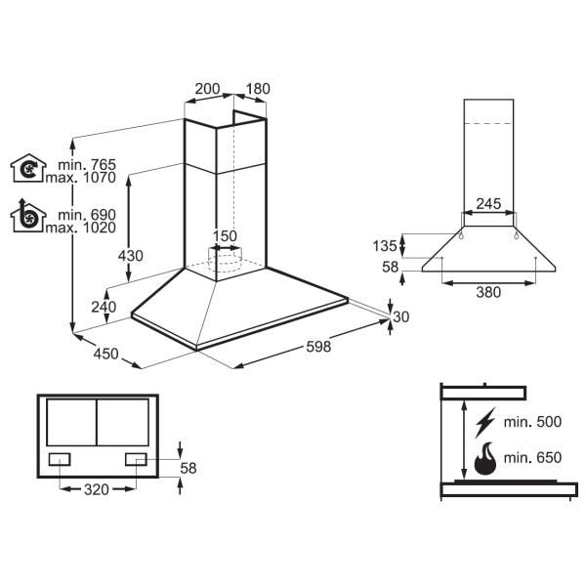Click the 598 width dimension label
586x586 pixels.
[318, 347]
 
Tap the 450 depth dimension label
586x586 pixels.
[105, 354]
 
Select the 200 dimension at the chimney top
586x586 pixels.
[207, 89]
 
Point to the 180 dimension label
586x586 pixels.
[258, 89]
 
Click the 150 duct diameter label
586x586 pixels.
[225, 236]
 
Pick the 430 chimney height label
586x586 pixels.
[131, 256]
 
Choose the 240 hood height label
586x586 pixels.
[104, 307]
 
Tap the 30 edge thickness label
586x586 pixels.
[401, 316]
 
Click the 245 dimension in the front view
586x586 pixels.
[488, 204]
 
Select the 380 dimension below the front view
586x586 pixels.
[488, 292]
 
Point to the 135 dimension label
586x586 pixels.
[385, 246]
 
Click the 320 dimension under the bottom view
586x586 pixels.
[97, 489]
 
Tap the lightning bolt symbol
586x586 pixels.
[485, 422]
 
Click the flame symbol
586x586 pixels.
[485, 459]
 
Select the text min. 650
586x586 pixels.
[532, 458]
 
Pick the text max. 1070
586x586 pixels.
[81, 178]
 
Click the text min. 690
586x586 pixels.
[87, 215]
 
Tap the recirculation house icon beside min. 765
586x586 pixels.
[28, 168]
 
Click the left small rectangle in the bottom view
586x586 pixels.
[60, 459]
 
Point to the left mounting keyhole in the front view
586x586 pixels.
[461, 235]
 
